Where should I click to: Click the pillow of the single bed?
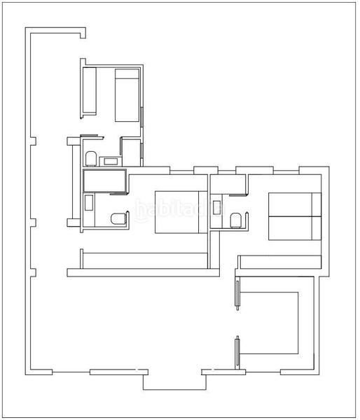pos(127,75)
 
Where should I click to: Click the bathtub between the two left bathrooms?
pos(104,181)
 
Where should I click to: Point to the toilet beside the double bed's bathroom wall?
pos(119,219)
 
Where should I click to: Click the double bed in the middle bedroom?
pos(180,211)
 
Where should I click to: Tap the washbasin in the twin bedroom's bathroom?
pos(217,208)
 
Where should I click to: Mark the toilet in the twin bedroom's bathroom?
pos(237,221)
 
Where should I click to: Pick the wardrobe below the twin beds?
pos(279,262)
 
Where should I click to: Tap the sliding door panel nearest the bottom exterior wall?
pos(237,351)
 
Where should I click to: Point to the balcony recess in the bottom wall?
pos(174,380)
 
